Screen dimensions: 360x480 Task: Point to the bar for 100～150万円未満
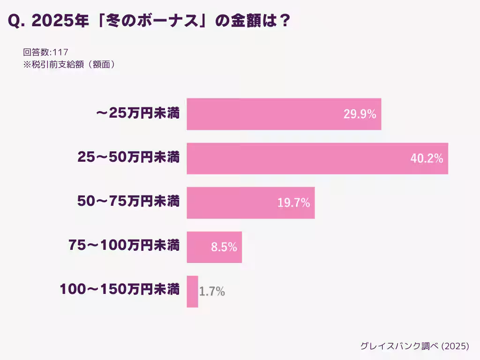(x=192, y=292)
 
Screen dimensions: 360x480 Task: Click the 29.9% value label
(x=360, y=114)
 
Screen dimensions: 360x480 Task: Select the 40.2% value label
(x=427, y=159)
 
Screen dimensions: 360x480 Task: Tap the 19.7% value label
(x=293, y=203)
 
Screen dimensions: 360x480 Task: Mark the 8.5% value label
(x=224, y=247)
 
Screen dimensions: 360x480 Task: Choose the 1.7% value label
(x=212, y=292)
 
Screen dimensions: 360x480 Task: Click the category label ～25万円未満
(x=137, y=113)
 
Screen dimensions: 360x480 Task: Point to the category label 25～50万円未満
(x=128, y=158)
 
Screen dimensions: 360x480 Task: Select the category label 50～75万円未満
(x=128, y=202)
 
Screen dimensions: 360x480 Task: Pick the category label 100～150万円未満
(x=120, y=290)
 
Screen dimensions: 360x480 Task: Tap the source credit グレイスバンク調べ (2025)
(x=414, y=346)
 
